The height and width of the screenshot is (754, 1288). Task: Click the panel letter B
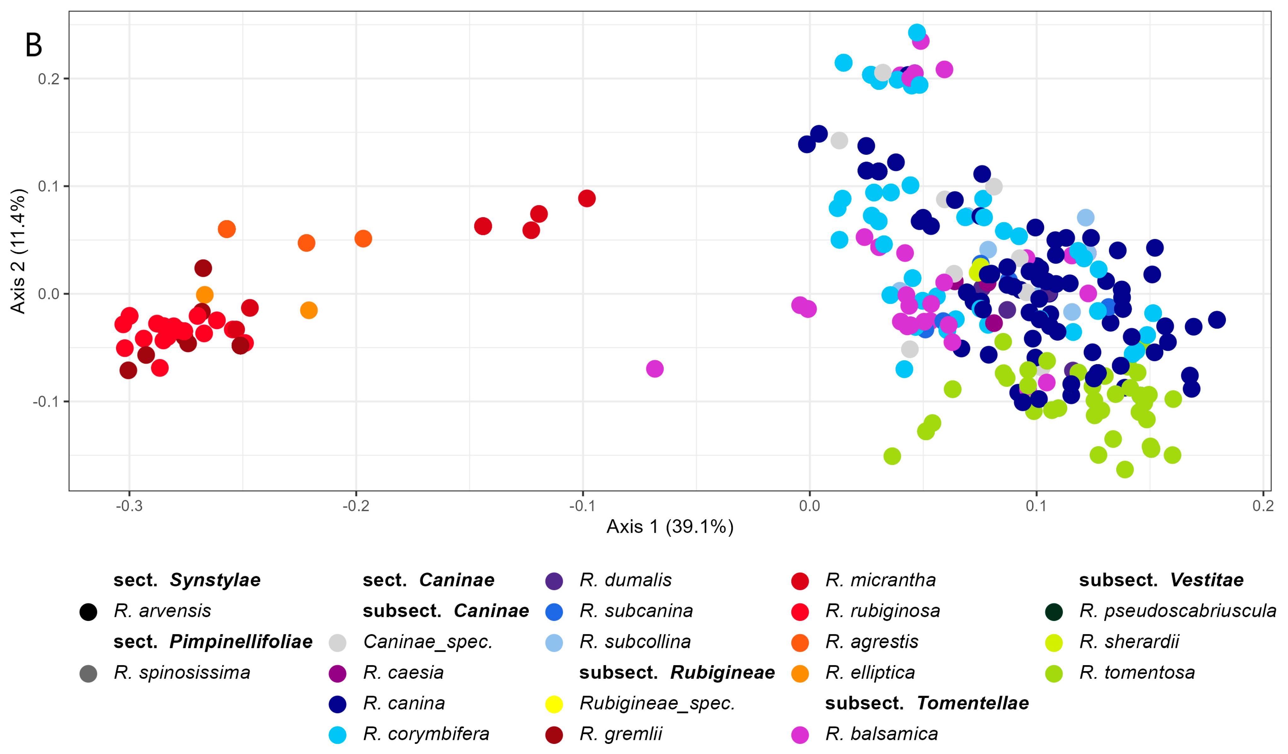pos(34,45)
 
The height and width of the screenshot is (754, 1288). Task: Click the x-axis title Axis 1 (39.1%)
pos(670,526)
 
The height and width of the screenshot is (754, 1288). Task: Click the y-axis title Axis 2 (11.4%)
pos(18,251)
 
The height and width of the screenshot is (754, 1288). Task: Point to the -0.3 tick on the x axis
pos(129,506)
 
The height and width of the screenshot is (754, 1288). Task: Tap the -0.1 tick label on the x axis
pos(582,506)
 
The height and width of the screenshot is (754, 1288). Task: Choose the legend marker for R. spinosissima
pos(89,673)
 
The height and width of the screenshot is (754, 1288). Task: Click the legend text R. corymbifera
pos(426,734)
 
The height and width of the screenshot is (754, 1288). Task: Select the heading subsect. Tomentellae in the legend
pos(926,703)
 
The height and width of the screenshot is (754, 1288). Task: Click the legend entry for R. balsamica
pos(881,734)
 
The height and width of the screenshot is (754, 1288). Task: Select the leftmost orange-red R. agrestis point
pos(226,229)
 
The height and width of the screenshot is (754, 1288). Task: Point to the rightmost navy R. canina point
pos(1217,320)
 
